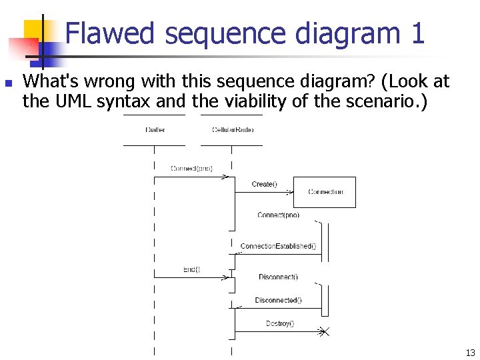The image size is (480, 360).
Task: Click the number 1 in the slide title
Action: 417,33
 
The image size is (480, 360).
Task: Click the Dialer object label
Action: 155,129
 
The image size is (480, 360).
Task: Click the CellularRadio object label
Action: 232,129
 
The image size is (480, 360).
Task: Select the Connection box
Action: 325,192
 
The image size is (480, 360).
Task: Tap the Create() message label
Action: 265,184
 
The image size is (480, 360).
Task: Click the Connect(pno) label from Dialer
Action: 191,169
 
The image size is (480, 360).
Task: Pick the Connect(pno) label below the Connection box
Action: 278,215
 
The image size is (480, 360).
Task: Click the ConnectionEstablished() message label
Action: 278,246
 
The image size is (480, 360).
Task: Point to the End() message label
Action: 191,269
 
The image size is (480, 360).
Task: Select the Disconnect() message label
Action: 278,277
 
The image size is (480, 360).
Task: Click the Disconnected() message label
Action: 278,300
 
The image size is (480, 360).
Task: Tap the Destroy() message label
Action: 280,324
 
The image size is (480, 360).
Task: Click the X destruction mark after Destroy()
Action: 323,332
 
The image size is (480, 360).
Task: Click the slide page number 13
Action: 470,353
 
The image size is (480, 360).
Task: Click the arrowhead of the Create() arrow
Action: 291,192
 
